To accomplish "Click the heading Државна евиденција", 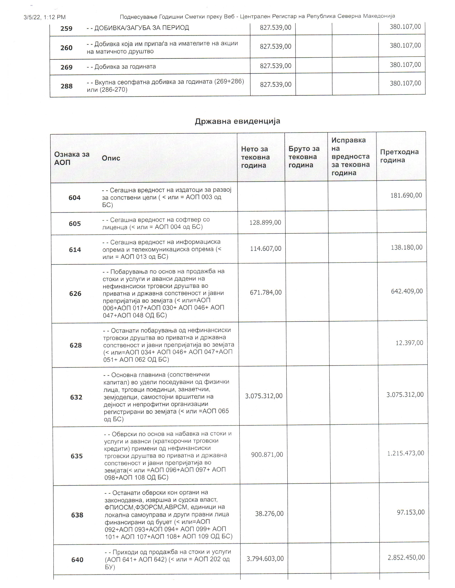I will [x=237, y=121].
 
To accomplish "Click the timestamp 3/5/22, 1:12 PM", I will [x=44, y=17].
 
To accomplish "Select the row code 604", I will [x=74, y=198].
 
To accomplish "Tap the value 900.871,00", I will [x=267, y=455].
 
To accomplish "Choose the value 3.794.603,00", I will [x=265, y=559].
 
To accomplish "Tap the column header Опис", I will [x=111, y=158].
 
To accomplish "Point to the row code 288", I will [x=66, y=86].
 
